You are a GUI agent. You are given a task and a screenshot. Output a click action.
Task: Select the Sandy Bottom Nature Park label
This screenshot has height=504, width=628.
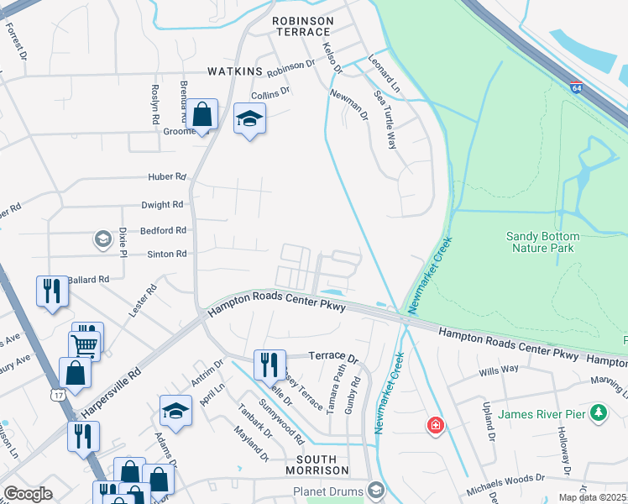pyautogui.click(x=550, y=242)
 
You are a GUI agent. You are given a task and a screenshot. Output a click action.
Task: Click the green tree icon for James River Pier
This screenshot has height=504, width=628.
pyautogui.click(x=598, y=412)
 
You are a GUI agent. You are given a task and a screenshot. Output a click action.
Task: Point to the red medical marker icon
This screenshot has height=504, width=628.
pyautogui.click(x=435, y=425)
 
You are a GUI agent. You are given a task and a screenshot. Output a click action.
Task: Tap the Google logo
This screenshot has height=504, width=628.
pyautogui.click(x=29, y=494)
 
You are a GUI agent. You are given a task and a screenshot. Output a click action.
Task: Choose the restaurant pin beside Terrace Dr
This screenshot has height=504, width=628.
pyautogui.click(x=270, y=365)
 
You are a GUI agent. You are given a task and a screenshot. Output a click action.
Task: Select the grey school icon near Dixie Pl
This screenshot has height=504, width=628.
pyautogui.click(x=102, y=240)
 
